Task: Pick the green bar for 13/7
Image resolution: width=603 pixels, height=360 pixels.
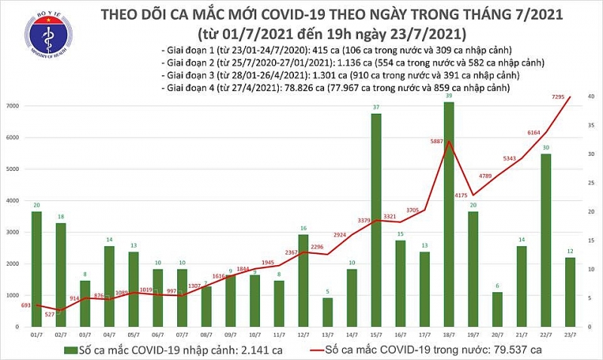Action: tap(327, 313)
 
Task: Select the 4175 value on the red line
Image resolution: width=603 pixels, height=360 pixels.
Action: tap(461, 196)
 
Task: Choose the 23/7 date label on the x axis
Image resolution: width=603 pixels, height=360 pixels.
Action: tap(571, 335)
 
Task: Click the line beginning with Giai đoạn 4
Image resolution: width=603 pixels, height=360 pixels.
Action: tap(336, 88)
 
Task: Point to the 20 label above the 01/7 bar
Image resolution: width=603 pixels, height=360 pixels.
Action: tap(36, 205)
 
